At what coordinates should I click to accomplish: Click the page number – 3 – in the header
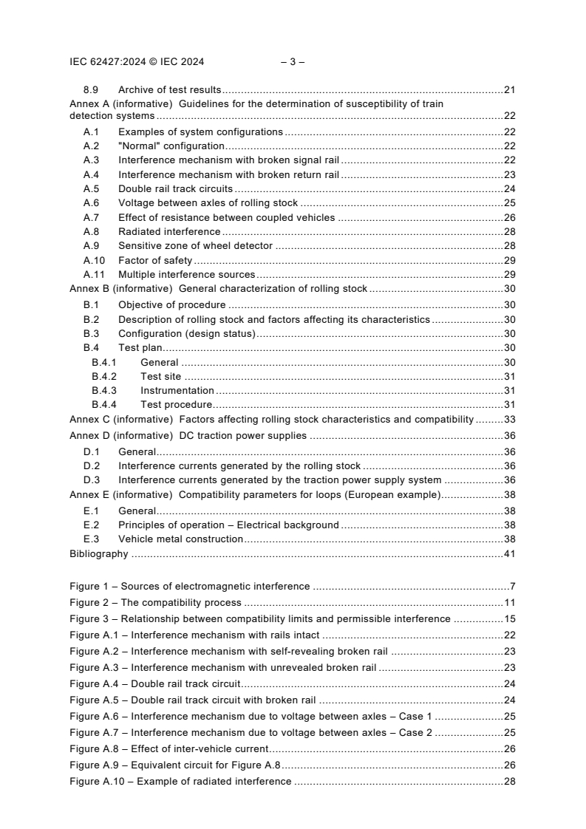click(293, 62)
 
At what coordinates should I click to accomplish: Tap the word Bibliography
click(98, 553)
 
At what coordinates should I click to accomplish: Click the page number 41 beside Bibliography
click(509, 553)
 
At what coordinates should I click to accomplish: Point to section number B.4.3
click(104, 390)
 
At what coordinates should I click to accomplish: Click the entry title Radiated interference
click(169, 232)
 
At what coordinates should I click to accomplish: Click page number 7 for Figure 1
click(512, 586)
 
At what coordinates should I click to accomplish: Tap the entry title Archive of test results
click(170, 90)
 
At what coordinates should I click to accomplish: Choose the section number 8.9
click(91, 90)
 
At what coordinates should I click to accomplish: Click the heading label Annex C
click(89, 419)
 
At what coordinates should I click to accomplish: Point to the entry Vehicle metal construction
click(180, 539)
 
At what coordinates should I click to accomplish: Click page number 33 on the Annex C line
click(509, 419)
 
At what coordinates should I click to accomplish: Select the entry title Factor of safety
click(154, 260)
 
